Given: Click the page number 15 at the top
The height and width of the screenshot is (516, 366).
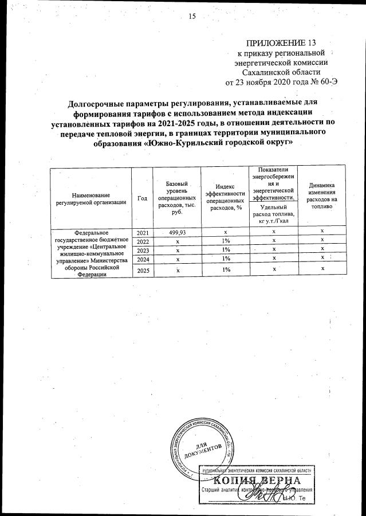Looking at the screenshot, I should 192,16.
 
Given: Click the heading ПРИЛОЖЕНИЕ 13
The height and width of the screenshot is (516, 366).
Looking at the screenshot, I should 281,43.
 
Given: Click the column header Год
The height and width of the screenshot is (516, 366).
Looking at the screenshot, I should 142,198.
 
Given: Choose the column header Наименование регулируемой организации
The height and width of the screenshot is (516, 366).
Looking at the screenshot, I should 91,198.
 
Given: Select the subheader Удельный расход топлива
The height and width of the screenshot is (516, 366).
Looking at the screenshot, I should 273,213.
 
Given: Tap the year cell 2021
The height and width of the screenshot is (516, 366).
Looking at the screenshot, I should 143,232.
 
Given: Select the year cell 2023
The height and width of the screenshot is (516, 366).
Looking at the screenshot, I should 143,251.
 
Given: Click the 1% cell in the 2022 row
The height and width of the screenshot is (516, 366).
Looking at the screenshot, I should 226,241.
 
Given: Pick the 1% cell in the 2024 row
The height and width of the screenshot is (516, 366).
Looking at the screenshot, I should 226,260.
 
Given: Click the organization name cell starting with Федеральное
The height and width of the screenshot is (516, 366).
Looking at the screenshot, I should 92,253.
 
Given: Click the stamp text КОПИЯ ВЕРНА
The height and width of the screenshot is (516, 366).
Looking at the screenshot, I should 257,480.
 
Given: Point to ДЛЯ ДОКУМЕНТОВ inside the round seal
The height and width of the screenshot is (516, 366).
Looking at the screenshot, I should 203,450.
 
